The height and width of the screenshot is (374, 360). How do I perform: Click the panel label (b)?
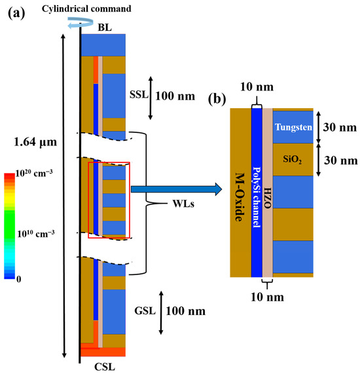tap(217, 100)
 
